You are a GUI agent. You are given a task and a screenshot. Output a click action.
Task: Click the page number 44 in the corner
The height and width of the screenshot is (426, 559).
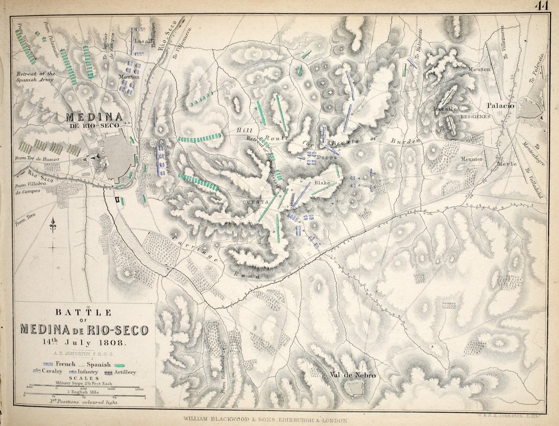coord(541,6)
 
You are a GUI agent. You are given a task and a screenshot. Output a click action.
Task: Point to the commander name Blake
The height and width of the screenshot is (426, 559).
coord(323,183)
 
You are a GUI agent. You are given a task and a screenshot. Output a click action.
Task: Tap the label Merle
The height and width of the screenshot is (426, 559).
coord(506,164)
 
